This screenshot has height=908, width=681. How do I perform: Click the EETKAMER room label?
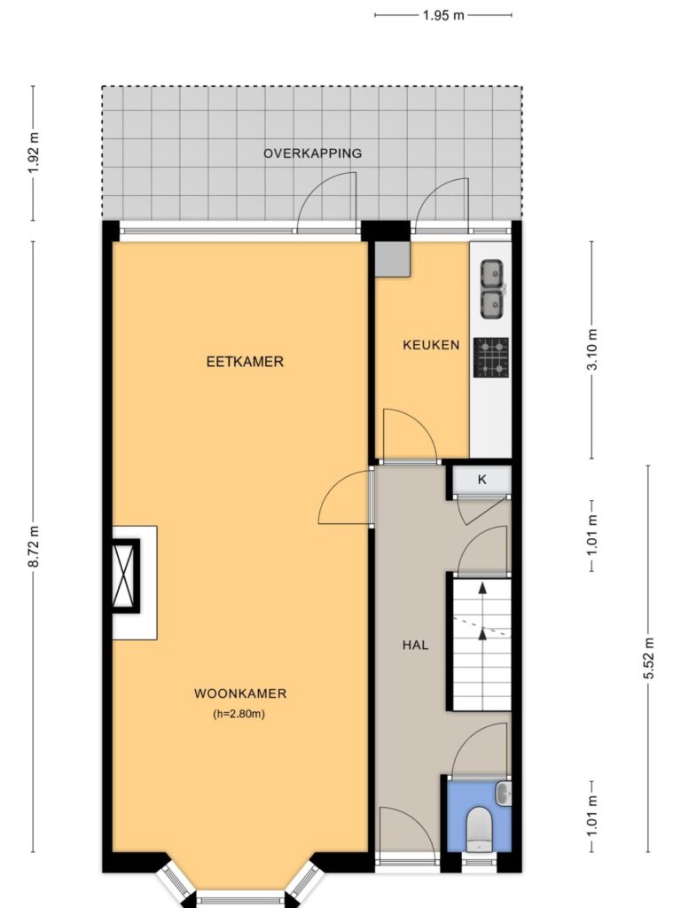tap(245, 362)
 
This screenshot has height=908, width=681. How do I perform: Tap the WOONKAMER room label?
tap(240, 693)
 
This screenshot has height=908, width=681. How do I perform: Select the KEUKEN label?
tap(431, 345)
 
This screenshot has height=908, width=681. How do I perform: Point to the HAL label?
tap(415, 645)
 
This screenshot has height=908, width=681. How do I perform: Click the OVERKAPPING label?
tap(313, 153)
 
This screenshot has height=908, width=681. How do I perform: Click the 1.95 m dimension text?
tap(443, 16)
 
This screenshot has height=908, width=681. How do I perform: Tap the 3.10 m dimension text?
tap(591, 349)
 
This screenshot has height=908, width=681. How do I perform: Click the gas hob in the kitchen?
tap(491, 358)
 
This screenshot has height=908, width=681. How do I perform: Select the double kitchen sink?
tap(492, 289)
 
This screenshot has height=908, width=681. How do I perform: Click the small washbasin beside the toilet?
tap(504, 794)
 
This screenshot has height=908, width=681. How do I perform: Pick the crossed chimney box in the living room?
tap(126, 575)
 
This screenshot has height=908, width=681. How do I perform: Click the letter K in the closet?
tap(481, 480)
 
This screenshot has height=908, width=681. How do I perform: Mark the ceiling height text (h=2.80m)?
tap(239, 714)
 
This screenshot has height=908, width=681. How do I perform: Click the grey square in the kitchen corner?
tap(392, 259)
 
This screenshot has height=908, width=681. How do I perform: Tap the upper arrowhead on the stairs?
tap(481, 589)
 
